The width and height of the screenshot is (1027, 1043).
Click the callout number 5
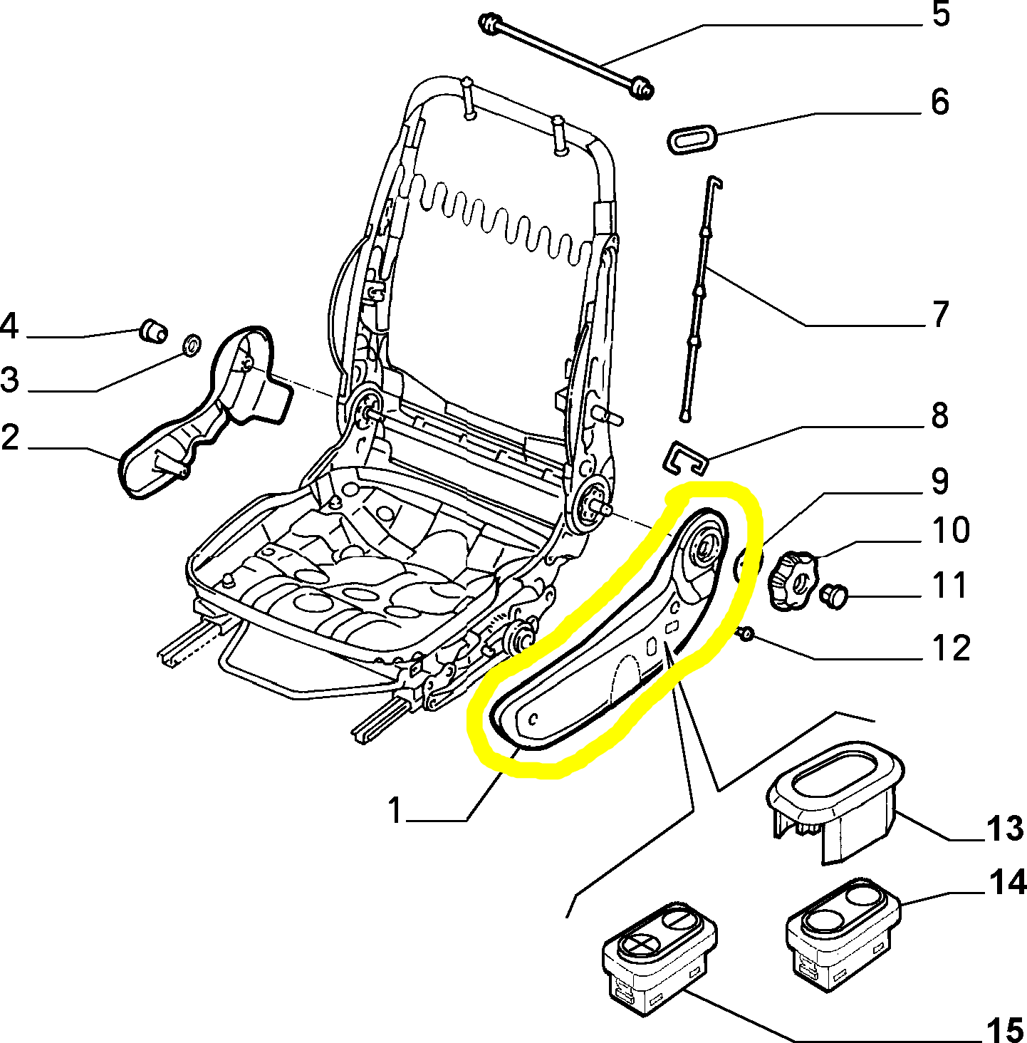point(941,15)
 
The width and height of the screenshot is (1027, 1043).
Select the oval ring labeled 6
point(692,137)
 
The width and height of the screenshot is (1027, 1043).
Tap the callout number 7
point(940,314)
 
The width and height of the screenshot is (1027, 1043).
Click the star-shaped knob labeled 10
point(793,580)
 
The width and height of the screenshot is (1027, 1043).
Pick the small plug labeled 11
point(834,595)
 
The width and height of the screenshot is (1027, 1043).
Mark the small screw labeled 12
point(746,633)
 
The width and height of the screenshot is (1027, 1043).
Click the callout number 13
point(1004,829)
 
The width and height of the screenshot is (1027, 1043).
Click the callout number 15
point(1004,1029)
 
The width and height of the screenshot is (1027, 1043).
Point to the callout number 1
point(395,811)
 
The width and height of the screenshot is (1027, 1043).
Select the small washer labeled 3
point(192,346)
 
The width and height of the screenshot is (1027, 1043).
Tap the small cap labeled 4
point(153,331)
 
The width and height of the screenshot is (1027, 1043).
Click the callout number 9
point(940,482)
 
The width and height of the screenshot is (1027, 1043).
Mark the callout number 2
point(10,437)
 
